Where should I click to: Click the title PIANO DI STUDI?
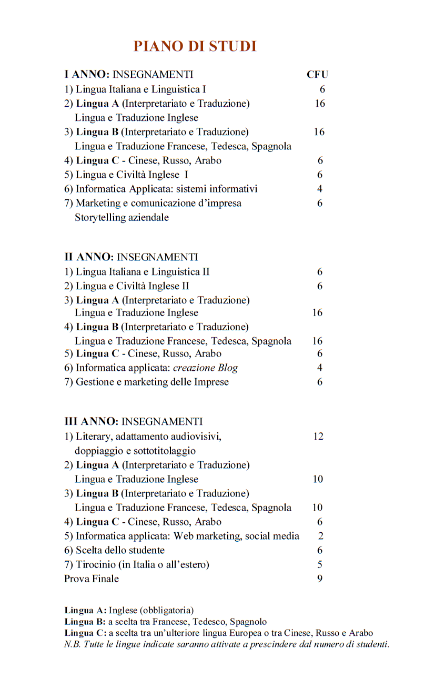coord(195,46)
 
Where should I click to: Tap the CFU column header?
coord(317,75)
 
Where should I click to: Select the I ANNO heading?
coord(86,75)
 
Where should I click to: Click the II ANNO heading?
coord(88,257)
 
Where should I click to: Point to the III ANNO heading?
coord(91,422)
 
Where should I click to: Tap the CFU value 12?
coord(318,437)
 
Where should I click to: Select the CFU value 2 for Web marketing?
coord(320,536)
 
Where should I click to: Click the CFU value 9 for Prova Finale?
coord(320,579)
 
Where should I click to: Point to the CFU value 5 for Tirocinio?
coord(320,565)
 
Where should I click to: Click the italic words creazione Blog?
coord(205,368)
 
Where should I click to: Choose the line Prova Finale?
coord(92,579)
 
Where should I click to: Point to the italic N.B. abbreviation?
coord(72,644)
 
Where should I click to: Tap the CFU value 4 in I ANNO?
coord(320,189)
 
